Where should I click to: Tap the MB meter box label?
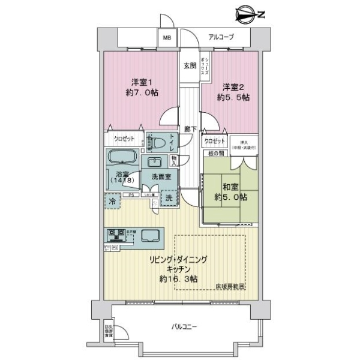[167, 38]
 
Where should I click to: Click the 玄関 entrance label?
[190, 66]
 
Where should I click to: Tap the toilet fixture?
[158, 143]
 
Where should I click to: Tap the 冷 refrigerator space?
[113, 202]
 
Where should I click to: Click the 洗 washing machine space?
[169, 199]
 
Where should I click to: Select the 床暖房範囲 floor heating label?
[230, 287]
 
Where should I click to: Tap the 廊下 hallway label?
[190, 128]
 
